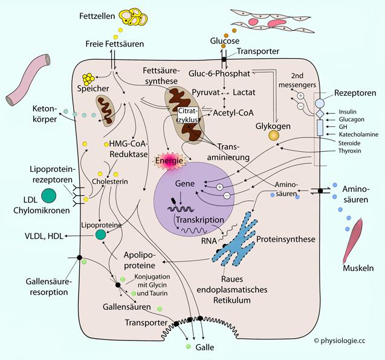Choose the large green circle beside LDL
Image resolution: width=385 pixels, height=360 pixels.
click(49, 194)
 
